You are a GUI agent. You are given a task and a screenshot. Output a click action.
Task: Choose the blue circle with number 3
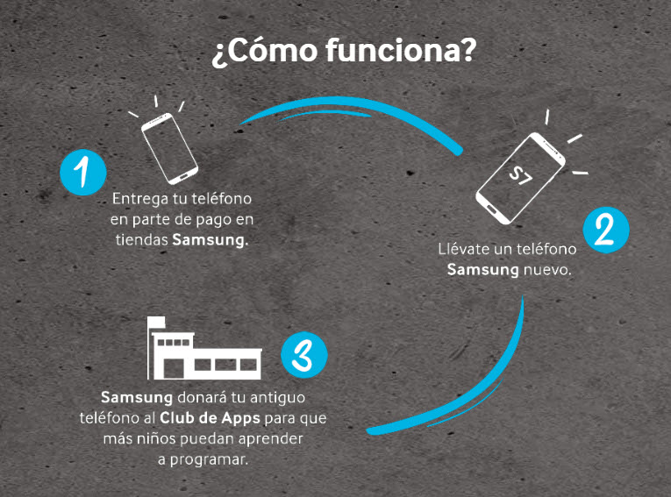tap(303, 356)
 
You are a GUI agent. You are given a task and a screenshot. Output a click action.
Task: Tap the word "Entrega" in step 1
tap(140, 199)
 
